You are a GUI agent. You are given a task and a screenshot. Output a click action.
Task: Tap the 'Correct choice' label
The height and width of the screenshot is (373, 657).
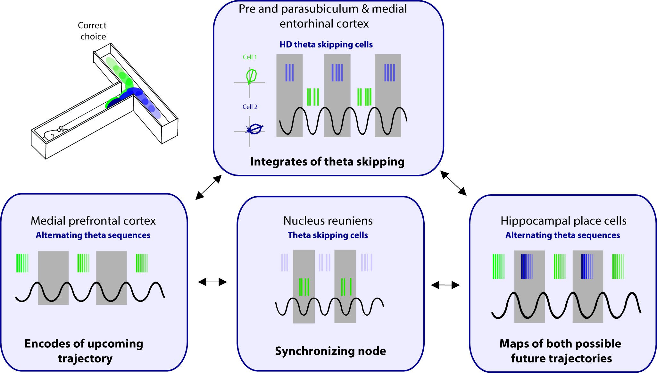92,31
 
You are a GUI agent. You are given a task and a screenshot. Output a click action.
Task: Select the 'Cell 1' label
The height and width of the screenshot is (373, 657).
250,57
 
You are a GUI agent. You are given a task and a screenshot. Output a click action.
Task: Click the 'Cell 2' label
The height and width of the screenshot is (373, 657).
250,107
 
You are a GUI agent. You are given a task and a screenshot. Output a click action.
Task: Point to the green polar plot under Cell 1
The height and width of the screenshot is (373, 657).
251,76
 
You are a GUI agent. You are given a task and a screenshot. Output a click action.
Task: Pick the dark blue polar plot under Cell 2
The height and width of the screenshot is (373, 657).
255,129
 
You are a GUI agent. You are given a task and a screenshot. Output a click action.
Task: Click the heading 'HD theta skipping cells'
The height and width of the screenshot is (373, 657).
326,45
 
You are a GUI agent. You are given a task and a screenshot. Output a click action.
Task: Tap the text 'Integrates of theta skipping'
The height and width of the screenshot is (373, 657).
327,162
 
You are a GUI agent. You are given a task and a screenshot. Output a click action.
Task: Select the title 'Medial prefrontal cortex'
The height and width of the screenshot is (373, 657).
93,221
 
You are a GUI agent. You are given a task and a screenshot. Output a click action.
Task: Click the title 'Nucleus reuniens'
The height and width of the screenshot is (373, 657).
328,221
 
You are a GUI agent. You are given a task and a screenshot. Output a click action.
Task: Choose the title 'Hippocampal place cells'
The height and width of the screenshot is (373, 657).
563,221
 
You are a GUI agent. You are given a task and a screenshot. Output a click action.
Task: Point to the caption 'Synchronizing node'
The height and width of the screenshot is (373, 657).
330,351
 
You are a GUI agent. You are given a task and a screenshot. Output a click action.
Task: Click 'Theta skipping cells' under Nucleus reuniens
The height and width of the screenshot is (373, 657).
328,235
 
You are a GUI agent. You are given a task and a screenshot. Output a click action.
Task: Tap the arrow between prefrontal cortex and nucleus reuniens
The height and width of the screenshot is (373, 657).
212,282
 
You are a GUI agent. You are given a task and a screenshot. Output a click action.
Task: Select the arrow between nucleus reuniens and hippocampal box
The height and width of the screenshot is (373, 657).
445,285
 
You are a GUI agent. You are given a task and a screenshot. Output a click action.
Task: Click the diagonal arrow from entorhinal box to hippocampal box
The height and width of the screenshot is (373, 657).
453,183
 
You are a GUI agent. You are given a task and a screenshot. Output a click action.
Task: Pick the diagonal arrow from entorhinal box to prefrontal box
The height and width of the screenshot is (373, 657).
209,188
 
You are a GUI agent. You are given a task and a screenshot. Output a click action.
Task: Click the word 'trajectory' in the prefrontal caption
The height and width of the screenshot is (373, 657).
85,359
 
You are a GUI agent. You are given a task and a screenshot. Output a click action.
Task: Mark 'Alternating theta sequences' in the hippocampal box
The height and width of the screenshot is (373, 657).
562,235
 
